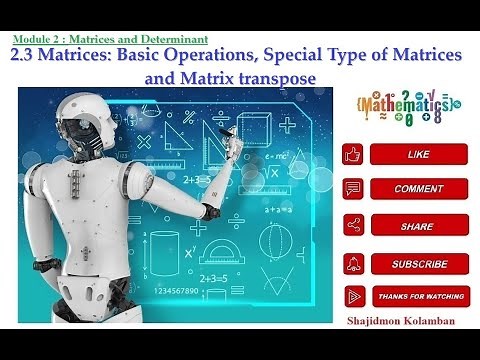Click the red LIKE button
click(x=419, y=154)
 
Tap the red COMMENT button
click(x=419, y=189)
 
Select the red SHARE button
click(x=419, y=226)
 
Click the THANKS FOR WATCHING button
click(x=419, y=297)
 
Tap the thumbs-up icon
click(x=352, y=154)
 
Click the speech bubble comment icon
click(x=352, y=189)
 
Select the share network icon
click(x=352, y=226)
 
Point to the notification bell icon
click(x=352, y=263)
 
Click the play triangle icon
click(x=352, y=297)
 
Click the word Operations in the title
click(x=212, y=57)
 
